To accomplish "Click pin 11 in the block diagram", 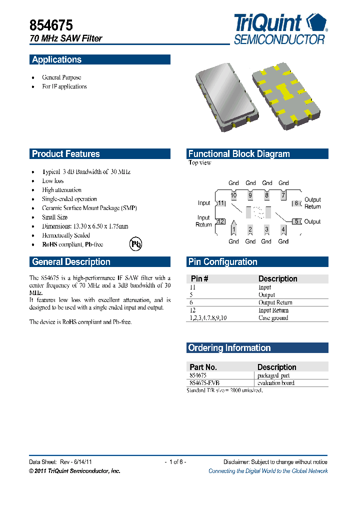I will pyautogui.click(x=221, y=203).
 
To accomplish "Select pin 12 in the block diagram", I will pyautogui.click(x=220, y=221).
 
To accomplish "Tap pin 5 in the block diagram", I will pyautogui.click(x=297, y=221).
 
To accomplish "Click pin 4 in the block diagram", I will pyautogui.click(x=283, y=229).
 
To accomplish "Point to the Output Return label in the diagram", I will pyautogui.click(x=312, y=203).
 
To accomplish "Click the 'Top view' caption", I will pyautogui.click(x=199, y=163).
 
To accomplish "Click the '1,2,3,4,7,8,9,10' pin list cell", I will pyautogui.click(x=208, y=318).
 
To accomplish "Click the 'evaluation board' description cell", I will pyautogui.click(x=275, y=383).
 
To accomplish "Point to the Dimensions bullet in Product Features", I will pyautogui.click(x=85, y=226).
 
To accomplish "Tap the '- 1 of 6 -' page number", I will pyautogui.click(x=175, y=462).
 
